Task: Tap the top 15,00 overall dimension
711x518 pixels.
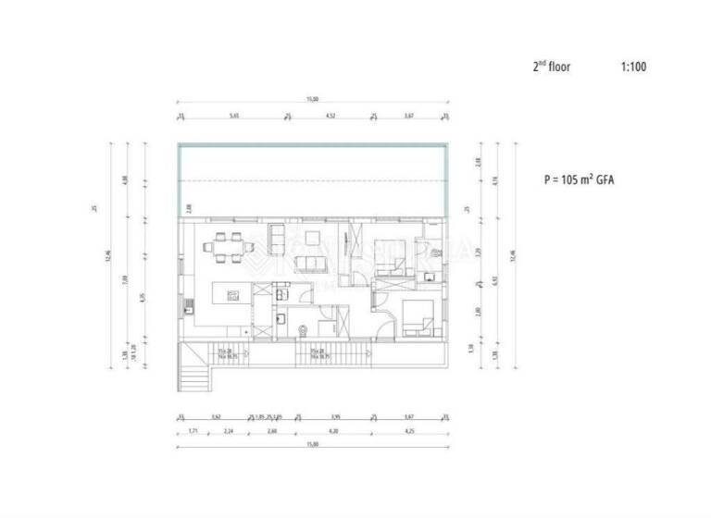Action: click(313, 99)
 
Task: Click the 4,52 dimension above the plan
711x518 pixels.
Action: click(331, 116)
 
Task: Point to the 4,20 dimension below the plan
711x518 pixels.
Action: click(331, 431)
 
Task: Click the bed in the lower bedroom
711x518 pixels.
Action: click(418, 319)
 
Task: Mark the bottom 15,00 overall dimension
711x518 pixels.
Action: click(313, 447)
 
